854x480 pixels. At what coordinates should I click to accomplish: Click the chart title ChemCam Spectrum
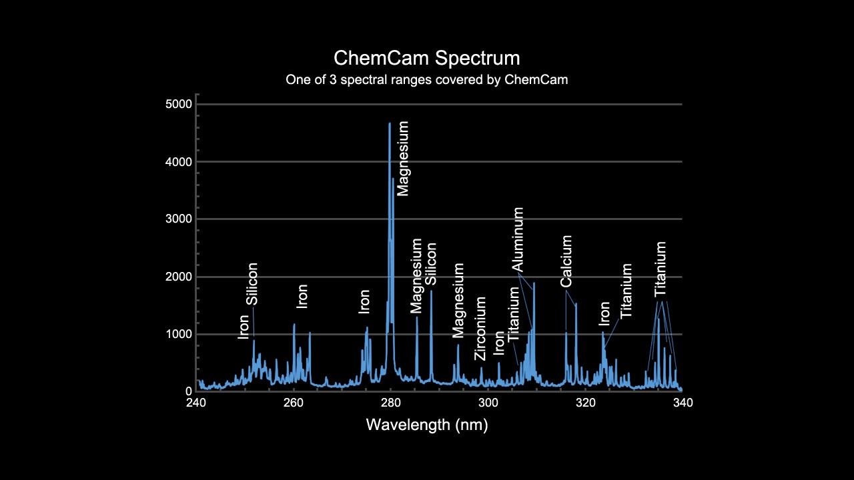pyautogui.click(x=426, y=57)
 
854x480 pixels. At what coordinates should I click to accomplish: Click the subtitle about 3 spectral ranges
pyautogui.click(x=426, y=79)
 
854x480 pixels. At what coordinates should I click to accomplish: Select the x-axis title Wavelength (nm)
pyautogui.click(x=426, y=425)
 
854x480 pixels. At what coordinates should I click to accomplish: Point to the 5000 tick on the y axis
pyautogui.click(x=178, y=104)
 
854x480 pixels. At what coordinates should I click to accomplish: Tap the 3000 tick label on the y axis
pyautogui.click(x=178, y=219)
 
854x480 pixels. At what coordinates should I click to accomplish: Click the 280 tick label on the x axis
pyautogui.click(x=391, y=403)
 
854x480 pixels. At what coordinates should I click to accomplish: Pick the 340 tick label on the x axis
pyautogui.click(x=683, y=403)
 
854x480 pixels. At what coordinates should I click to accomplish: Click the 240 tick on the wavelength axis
pyautogui.click(x=196, y=403)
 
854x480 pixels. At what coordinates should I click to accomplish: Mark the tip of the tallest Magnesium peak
pyautogui.click(x=390, y=123)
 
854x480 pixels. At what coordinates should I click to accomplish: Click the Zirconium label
pyautogui.click(x=480, y=329)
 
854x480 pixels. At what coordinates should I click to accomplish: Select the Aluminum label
pyautogui.click(x=518, y=239)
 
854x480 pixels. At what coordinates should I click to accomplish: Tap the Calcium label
pyautogui.click(x=566, y=261)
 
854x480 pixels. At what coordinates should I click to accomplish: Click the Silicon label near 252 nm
pyautogui.click(x=252, y=283)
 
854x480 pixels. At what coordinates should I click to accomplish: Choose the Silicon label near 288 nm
pyautogui.click(x=431, y=263)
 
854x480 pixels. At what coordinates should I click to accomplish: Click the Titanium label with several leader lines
pyautogui.click(x=661, y=269)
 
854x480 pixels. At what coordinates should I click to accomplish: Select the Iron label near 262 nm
pyautogui.click(x=302, y=296)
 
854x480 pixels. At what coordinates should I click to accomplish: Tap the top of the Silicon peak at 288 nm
pyautogui.click(x=431, y=291)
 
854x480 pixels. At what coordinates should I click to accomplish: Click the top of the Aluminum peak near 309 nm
pyautogui.click(x=534, y=283)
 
